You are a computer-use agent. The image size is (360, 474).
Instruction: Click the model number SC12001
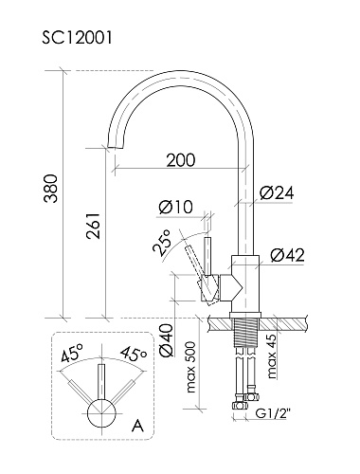[x=77, y=38]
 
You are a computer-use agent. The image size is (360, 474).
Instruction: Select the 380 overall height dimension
[x=51, y=189]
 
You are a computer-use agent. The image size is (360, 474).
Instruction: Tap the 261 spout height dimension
[x=94, y=226]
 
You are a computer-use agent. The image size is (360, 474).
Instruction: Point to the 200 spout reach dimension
[x=181, y=160]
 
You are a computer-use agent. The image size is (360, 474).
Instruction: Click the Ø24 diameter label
[x=277, y=192]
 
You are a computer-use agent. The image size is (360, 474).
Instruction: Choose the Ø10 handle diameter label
[x=176, y=208]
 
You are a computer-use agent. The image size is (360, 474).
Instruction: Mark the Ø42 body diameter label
[x=287, y=255]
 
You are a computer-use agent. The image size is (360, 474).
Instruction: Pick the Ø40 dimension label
[x=167, y=340]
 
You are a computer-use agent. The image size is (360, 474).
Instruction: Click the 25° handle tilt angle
[x=162, y=242]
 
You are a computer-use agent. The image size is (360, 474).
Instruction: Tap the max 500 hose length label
[x=191, y=367]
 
